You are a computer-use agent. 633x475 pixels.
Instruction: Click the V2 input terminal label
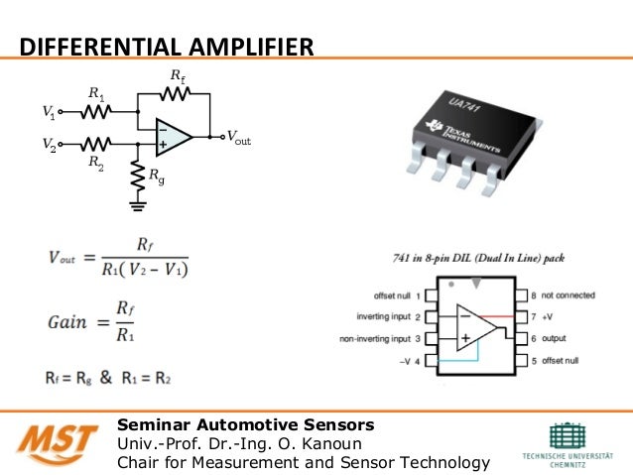tap(48, 145)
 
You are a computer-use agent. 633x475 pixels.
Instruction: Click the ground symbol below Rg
tap(137, 207)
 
